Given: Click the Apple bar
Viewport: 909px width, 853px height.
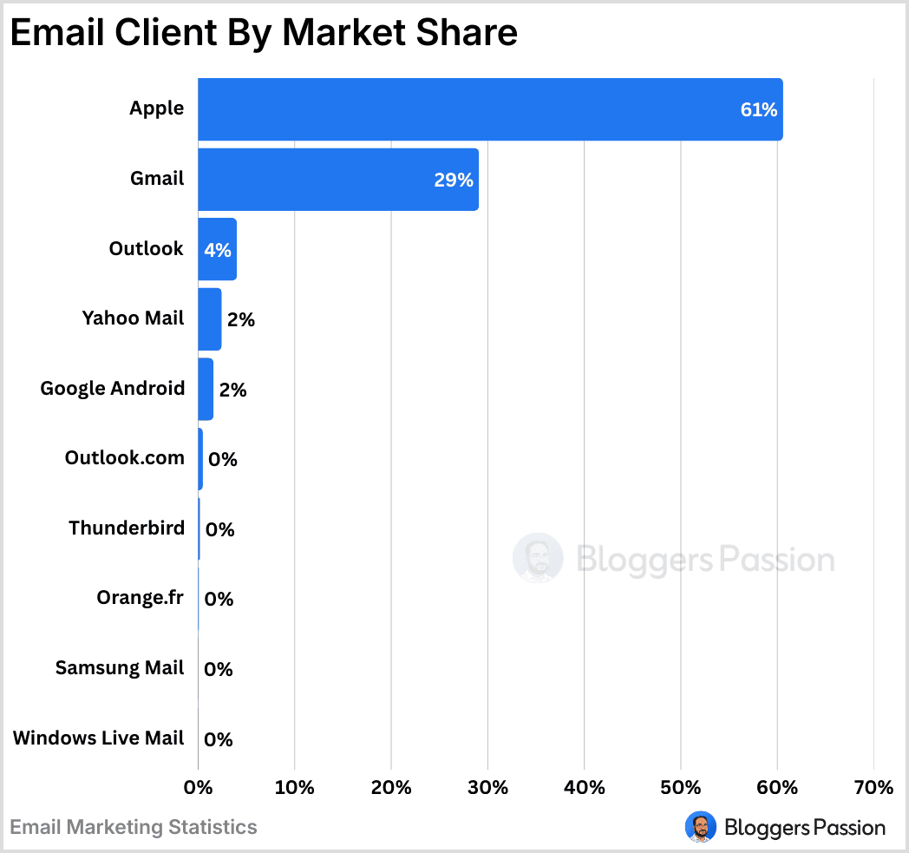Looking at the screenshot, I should click(x=490, y=109).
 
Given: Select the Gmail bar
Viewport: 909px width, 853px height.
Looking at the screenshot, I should click(x=338, y=179).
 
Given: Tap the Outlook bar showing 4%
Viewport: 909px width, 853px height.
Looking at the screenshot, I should click(x=217, y=249).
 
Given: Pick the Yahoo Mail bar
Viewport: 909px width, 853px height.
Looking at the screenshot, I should click(x=210, y=319).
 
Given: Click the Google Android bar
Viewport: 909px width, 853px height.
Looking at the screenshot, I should click(x=206, y=389).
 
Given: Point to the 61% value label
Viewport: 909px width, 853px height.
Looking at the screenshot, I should click(x=759, y=110).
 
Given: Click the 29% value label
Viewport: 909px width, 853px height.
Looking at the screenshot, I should click(x=454, y=180).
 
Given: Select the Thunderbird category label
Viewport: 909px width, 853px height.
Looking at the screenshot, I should click(x=127, y=528).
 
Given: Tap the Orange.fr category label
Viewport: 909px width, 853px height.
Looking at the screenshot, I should click(x=141, y=597).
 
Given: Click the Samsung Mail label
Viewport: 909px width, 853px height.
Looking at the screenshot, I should click(x=120, y=667).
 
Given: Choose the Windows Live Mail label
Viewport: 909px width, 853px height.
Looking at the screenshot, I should click(x=99, y=738).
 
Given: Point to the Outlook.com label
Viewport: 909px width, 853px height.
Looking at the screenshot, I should click(x=125, y=457).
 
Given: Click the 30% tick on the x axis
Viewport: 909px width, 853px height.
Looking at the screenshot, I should click(x=487, y=787).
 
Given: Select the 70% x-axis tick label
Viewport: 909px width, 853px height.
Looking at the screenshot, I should click(x=873, y=787).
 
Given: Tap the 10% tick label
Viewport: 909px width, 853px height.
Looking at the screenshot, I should click(x=295, y=787).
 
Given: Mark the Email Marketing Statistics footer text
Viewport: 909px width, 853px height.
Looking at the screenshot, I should click(x=134, y=827).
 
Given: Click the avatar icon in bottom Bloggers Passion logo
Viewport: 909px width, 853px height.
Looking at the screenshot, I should click(x=700, y=827).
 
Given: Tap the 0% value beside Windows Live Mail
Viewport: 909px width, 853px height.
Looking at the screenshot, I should click(x=219, y=739).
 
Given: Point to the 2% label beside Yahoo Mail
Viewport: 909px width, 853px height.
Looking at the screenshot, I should click(x=240, y=319).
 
